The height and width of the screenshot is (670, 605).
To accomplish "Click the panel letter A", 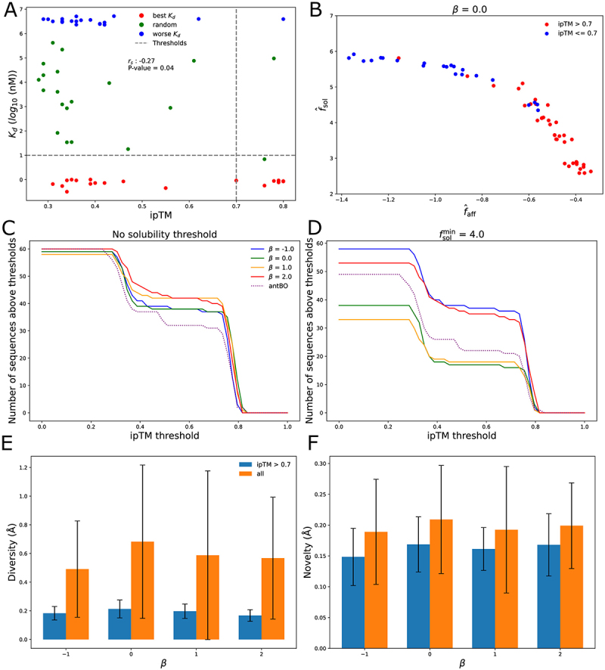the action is tap(11, 9).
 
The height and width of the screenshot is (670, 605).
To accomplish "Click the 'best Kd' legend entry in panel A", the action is tap(164, 16).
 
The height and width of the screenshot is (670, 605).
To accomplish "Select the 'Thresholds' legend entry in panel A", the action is tap(169, 43).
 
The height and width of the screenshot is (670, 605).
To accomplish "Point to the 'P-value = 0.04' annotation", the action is tap(150, 68).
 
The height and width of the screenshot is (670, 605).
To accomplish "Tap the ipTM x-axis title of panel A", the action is tap(160, 215).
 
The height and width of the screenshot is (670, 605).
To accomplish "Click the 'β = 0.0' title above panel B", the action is tap(470, 9).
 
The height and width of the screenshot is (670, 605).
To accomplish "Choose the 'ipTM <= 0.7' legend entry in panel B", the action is tap(577, 33).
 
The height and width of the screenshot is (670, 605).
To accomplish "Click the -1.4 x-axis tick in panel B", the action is tap(341, 200).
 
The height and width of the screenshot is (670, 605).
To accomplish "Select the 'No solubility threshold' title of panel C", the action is tap(165, 234).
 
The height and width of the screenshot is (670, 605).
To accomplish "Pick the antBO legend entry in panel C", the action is tap(278, 286).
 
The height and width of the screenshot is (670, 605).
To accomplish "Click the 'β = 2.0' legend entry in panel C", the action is tap(281, 277).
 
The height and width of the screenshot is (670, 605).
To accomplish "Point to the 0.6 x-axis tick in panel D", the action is tap(486, 427).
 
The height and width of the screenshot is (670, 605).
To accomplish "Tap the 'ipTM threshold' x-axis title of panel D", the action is tap(461, 436).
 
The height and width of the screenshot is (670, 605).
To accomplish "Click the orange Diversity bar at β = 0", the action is tap(142, 591).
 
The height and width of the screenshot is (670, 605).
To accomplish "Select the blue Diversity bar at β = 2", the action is tap(250, 628).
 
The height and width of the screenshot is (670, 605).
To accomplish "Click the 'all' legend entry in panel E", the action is tap(260, 474).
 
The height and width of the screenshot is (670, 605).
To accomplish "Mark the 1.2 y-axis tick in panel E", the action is tap(24, 467).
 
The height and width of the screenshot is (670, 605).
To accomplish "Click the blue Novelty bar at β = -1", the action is tap(353, 603).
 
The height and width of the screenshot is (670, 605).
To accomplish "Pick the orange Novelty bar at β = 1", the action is tap(506, 589).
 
